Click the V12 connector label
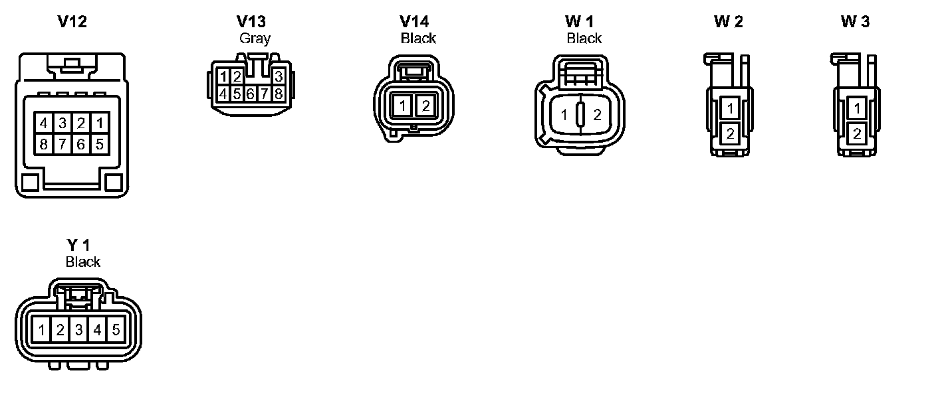pos(72,22)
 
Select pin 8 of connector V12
pos(43,143)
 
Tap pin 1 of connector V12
pos(100,123)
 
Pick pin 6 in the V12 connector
pos(81,143)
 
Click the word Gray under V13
pos(255,39)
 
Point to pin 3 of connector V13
pos(279,76)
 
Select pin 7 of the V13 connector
pos(265,94)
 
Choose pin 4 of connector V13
pos(223,94)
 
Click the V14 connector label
pos(415,22)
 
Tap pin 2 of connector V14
pos(425,105)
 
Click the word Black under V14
pos(418,39)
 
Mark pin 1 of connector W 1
pos(564,116)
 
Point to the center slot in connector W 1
pos(580,115)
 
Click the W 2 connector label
pos(729,22)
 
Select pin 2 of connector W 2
pos(731,134)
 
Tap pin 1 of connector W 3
pos(857,109)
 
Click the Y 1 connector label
pos(78,246)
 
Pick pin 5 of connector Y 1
pos(116,329)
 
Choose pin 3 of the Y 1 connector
pos(78,329)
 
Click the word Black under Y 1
pos(83,262)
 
